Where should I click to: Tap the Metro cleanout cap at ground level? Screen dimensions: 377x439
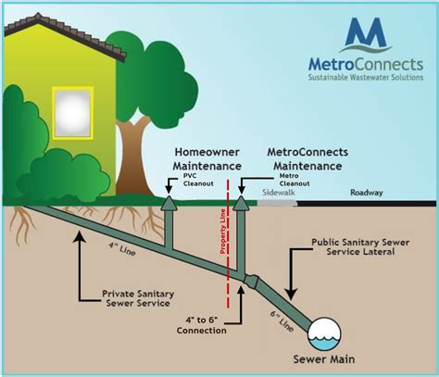241,203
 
